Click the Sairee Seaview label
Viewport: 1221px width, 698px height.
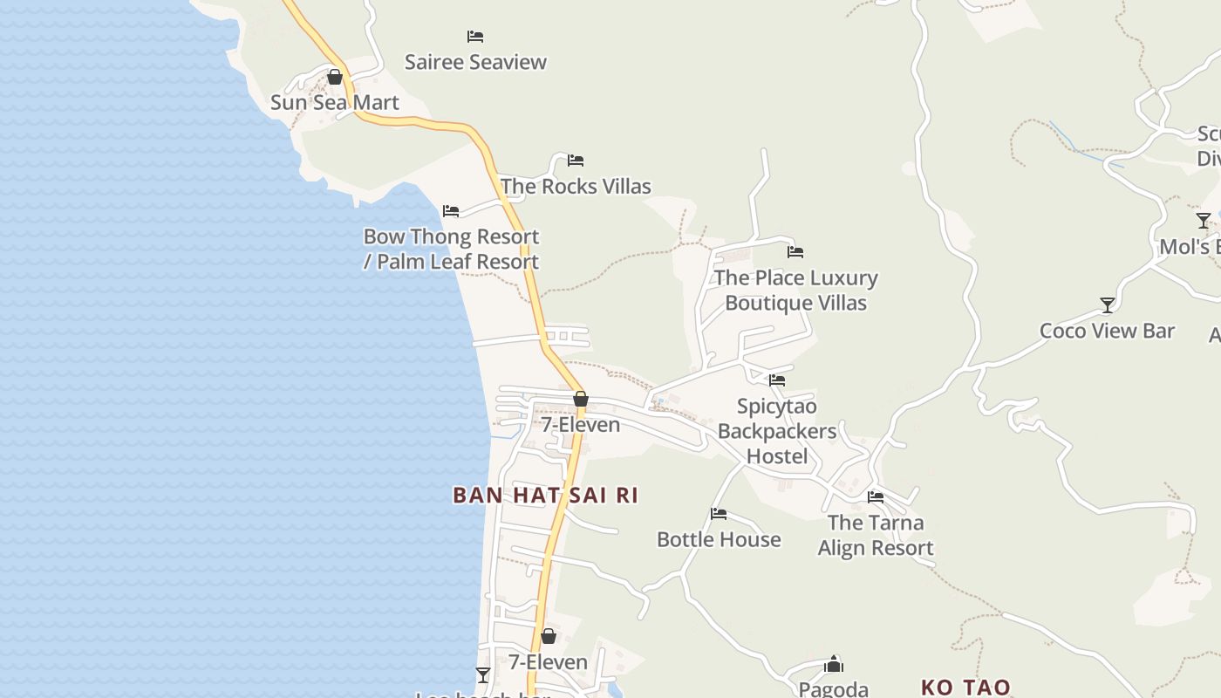[475, 62]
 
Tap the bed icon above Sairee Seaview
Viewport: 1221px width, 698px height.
[475, 37]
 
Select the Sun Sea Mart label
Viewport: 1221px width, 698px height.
[334, 102]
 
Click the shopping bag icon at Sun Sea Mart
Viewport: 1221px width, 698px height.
[334, 77]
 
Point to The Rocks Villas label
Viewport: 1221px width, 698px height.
[576, 186]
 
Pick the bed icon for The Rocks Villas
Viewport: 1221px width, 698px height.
[576, 161]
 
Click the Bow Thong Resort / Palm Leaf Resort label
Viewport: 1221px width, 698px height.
[451, 249]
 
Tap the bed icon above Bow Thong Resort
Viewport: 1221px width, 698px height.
[451, 211]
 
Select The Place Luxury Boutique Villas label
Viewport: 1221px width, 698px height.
[795, 291]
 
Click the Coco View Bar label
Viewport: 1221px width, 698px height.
[1107, 331]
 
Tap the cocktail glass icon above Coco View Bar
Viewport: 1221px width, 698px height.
[1107, 305]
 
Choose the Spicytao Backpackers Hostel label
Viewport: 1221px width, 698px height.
[777, 431]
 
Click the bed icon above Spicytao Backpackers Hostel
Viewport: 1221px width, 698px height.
[777, 380]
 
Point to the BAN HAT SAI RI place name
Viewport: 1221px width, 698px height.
[545, 496]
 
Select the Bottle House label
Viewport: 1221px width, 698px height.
[719, 539]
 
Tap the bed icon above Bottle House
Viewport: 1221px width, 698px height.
[719, 514]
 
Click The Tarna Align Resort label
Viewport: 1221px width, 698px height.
[876, 535]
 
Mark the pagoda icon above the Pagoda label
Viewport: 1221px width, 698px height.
[834, 664]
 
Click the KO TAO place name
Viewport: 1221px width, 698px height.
[965, 688]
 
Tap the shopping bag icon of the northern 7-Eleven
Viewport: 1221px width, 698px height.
[580, 400]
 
